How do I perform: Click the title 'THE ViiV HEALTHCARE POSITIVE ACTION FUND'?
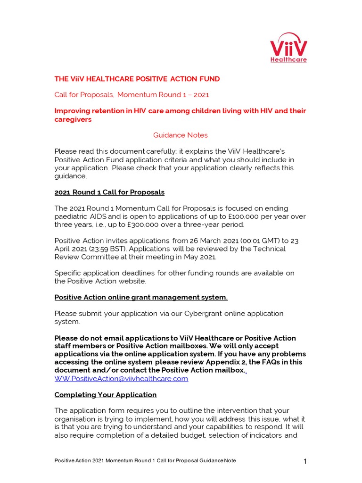tap(137, 79)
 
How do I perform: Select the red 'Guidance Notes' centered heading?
tap(180, 135)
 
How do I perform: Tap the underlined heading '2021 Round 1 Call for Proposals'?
tap(109, 192)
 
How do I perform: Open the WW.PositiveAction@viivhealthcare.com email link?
tap(121, 378)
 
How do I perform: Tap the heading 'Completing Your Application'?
tap(106, 394)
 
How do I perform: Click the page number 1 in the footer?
tap(305, 461)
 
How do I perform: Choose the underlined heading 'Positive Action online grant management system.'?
tap(141, 297)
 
